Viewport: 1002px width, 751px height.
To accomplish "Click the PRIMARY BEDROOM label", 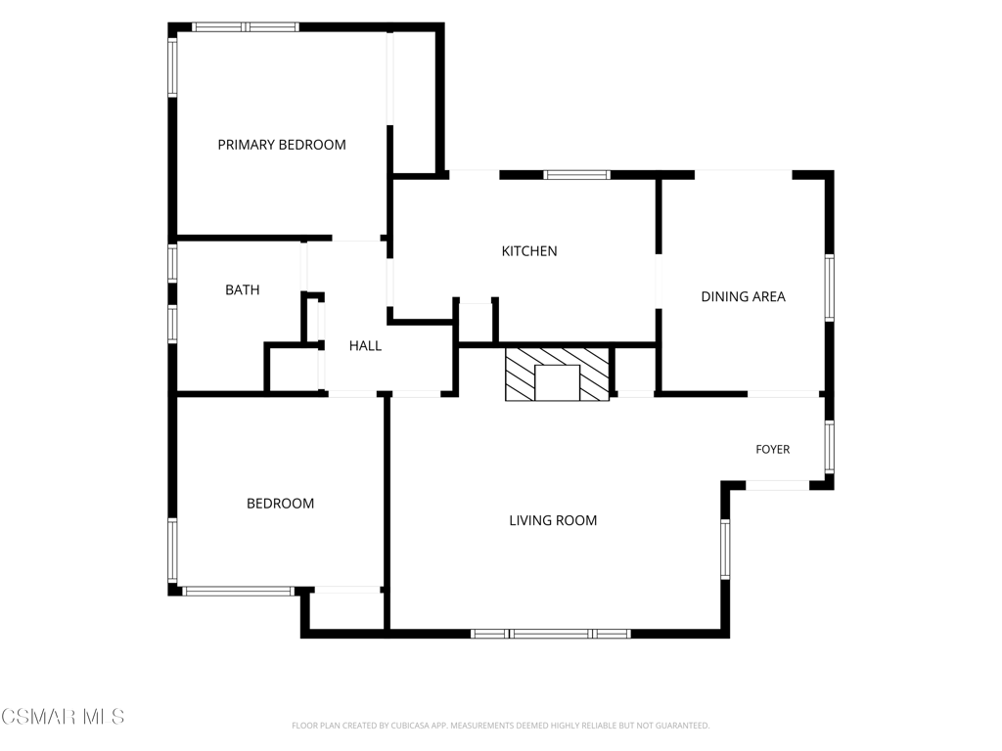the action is (282, 145).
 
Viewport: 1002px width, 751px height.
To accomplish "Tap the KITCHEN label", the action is (529, 251).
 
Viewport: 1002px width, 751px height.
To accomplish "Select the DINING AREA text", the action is (744, 296).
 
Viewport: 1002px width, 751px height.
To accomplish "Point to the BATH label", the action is (243, 289).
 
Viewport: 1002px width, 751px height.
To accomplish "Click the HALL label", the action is (365, 346).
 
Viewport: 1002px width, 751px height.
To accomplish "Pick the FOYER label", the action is (773, 450).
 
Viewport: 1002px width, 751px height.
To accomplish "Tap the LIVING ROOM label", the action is (553, 520).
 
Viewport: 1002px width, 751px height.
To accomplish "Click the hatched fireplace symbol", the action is (557, 375).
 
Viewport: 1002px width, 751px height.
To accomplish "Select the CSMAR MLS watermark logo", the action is (63, 717).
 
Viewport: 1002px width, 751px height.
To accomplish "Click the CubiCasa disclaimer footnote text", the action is (500, 726).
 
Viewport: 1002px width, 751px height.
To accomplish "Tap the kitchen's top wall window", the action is (577, 175).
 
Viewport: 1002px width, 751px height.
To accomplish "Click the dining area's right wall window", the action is (830, 288).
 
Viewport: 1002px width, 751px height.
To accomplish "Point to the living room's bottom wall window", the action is (551, 634).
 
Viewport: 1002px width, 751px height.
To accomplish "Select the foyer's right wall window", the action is (830, 446).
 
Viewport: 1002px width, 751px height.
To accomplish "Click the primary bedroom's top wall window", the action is (246, 26).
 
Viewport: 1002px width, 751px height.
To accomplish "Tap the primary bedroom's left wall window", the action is (172, 67).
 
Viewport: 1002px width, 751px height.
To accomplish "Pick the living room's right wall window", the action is (725, 549).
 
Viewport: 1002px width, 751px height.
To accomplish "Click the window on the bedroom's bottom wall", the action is (239, 592).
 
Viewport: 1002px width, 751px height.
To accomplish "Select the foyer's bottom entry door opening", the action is (778, 486).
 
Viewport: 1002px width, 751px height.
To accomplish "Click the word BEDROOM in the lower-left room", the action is (281, 504).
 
